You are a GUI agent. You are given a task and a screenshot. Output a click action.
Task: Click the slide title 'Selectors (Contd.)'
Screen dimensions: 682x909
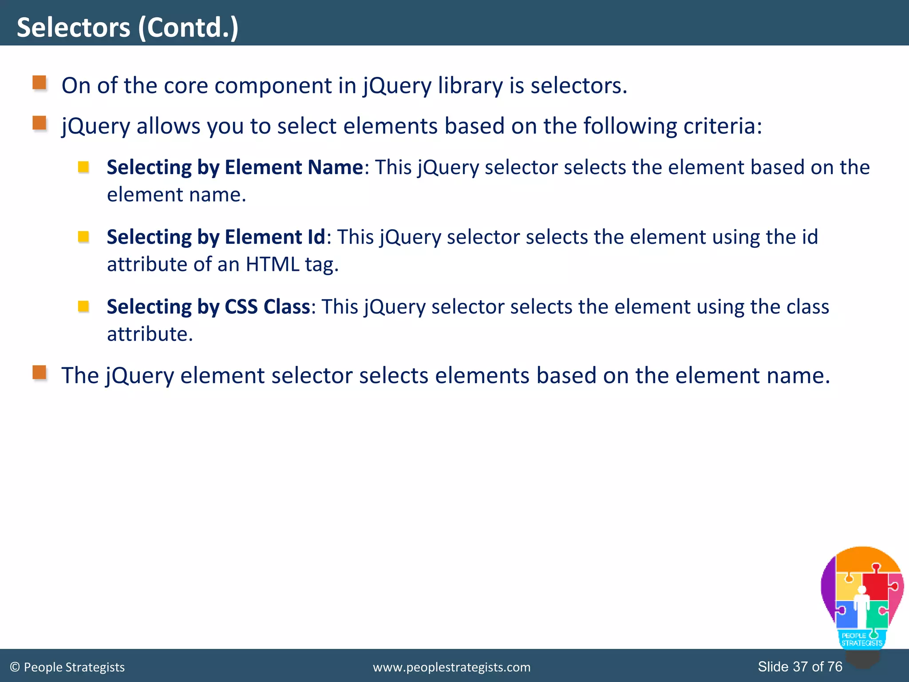pos(127,28)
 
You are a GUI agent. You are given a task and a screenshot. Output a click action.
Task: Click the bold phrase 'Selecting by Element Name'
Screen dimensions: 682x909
pos(235,167)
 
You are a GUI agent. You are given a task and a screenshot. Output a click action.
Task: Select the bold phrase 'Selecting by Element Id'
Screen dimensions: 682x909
pos(216,237)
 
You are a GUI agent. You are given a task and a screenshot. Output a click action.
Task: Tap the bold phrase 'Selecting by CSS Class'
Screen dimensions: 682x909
pos(208,307)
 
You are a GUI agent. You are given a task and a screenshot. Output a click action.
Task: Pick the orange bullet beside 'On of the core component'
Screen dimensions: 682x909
pos(40,83)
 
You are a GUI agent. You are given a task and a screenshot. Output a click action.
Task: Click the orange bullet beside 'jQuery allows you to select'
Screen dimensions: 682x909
pos(40,123)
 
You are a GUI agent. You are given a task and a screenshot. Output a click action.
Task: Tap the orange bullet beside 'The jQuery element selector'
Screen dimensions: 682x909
pos(40,373)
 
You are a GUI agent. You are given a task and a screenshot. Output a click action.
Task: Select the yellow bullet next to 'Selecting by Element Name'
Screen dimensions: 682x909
pos(83,167)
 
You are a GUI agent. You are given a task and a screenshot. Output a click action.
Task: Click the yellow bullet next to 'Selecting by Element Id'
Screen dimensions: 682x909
pos(83,237)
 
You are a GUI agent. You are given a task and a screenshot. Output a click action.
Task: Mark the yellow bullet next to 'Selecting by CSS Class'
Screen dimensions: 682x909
pos(83,306)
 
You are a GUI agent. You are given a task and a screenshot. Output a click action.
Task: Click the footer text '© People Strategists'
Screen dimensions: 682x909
pos(67,667)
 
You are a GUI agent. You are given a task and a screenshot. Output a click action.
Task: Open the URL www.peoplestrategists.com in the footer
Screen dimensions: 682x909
pos(451,667)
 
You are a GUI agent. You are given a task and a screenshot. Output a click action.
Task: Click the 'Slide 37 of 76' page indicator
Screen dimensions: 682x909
pos(800,666)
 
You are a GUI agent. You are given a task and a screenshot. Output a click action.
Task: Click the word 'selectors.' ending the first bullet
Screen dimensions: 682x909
pos(579,85)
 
